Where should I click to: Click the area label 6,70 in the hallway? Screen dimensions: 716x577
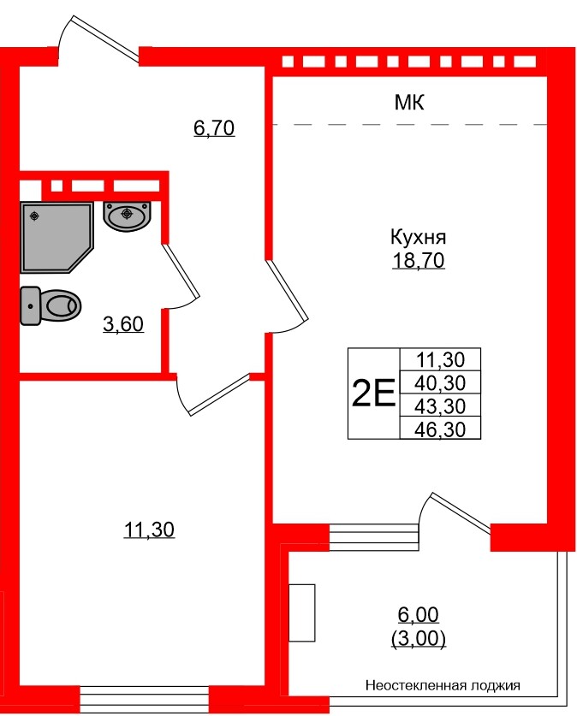click(x=214, y=129)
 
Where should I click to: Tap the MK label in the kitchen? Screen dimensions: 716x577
click(x=409, y=104)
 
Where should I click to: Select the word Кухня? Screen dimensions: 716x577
click(x=419, y=238)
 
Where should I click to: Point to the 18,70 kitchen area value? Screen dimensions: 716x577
click(x=419, y=262)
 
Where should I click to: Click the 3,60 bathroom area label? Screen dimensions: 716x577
click(x=122, y=324)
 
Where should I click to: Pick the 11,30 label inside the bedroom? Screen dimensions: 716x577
click(x=149, y=530)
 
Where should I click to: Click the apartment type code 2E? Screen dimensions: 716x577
click(x=373, y=395)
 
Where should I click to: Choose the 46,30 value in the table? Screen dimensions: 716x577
click(x=441, y=429)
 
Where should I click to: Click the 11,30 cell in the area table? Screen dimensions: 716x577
click(x=441, y=360)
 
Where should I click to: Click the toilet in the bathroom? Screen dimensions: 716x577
click(x=51, y=305)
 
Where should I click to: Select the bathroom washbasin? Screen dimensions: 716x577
click(x=128, y=214)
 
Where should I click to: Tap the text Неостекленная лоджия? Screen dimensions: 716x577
click(x=443, y=685)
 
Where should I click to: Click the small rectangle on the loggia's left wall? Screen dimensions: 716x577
click(x=302, y=611)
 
